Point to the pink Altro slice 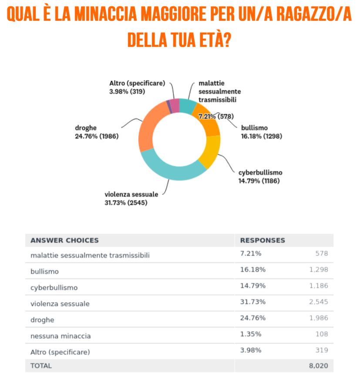pyautogui.click(x=174, y=105)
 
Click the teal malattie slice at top pyautogui.click(x=187, y=106)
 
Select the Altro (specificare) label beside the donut pyautogui.click(x=137, y=84)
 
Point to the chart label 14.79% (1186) pyautogui.click(x=259, y=181)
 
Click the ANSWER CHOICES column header pyautogui.click(x=64, y=240)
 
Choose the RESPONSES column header pyautogui.click(x=262, y=240)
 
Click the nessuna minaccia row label pyautogui.click(x=61, y=336)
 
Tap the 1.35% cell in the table pyautogui.click(x=251, y=334)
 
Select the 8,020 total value pyautogui.click(x=318, y=366)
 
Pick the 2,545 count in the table pyautogui.click(x=319, y=302)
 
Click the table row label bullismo pyautogui.click(x=44, y=272)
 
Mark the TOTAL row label pyautogui.click(x=41, y=366)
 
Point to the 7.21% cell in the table pyautogui.click(x=251, y=253)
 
